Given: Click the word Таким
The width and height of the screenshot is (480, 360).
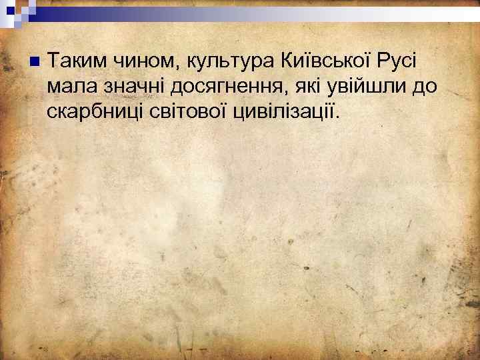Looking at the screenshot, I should (x=73, y=63).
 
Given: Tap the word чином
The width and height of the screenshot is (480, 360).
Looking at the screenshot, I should (x=138, y=63).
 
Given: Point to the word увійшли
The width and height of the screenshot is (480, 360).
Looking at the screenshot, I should (x=367, y=88).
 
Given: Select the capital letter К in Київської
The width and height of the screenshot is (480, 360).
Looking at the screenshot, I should (x=285, y=62).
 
